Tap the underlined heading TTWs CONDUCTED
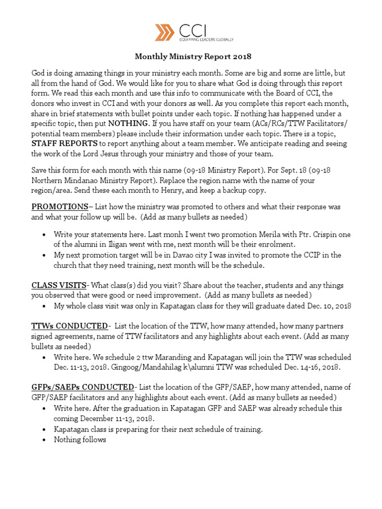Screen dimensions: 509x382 tap(69, 326)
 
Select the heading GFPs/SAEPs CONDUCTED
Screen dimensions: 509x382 tap(83, 387)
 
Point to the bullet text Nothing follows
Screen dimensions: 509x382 tap(80, 440)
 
